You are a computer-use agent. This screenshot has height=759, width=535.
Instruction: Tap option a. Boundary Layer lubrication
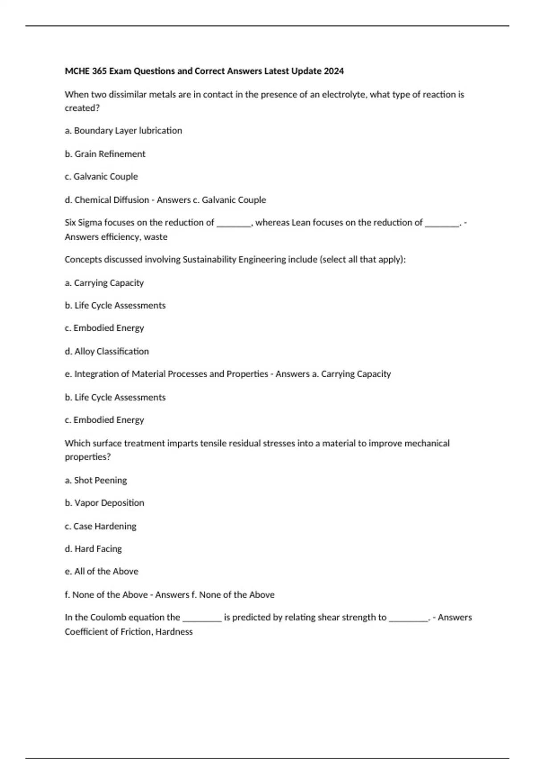pos(123,131)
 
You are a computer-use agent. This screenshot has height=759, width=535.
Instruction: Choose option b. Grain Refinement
pos(105,154)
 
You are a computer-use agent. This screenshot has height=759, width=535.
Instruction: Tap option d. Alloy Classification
pos(107,351)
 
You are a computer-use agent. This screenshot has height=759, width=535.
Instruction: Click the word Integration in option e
pos(96,374)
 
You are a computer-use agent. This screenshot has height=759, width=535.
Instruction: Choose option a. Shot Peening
pos(96,480)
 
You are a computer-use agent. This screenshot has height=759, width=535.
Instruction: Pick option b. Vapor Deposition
pos(104,503)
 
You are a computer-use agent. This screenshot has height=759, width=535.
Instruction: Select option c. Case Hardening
pos(101,526)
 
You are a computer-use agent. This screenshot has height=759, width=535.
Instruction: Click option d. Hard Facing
pos(93,549)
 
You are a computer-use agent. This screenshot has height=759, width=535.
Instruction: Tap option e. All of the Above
pos(102,571)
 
